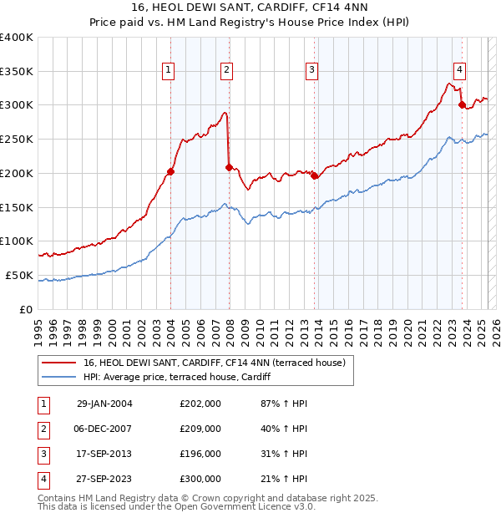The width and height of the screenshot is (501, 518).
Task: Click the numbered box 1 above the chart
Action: point(169,71)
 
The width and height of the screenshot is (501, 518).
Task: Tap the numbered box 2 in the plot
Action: point(226,71)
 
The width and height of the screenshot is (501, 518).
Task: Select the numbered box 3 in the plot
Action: point(311,71)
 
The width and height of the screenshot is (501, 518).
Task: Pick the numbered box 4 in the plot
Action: point(459,71)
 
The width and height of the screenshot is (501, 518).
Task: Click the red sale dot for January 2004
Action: point(170,172)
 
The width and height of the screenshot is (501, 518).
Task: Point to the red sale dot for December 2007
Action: point(229,168)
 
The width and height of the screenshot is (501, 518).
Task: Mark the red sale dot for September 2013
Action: point(314,175)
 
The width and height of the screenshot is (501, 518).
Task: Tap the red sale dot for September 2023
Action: point(462,104)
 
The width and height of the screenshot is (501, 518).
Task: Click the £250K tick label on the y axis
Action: point(17,139)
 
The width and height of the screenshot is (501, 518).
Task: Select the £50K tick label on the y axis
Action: point(20,275)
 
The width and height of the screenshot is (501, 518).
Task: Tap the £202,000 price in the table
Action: point(200,404)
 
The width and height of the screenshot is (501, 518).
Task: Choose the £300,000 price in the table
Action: point(200,479)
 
